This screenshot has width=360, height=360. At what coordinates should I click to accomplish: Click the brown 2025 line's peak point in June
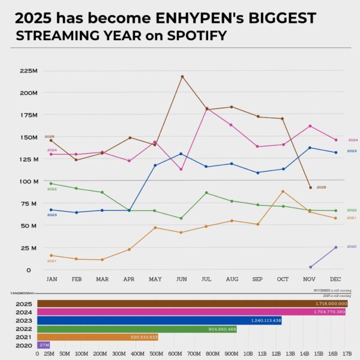[x=182, y=76]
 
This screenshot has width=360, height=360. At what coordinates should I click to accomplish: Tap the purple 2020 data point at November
[x=310, y=267]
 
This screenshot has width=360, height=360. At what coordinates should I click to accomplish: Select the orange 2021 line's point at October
[x=283, y=191]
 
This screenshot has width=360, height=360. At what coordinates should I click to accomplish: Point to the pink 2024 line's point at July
[x=207, y=109]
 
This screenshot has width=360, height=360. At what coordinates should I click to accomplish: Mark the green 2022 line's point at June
[x=181, y=218]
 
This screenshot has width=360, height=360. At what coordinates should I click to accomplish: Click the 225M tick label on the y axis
[x=29, y=71]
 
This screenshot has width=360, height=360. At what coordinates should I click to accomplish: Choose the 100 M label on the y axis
[x=28, y=181]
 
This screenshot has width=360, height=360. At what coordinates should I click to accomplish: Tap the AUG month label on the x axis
[x=232, y=280]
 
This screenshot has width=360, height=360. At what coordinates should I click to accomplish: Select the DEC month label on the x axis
[x=335, y=280]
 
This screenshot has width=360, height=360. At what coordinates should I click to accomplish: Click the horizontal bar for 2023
[x=159, y=320]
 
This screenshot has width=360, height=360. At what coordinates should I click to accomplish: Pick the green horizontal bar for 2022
[x=137, y=329]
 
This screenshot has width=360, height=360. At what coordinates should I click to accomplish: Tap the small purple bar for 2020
[x=44, y=345]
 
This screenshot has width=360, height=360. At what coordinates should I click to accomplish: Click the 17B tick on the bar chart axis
[x=347, y=354]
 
